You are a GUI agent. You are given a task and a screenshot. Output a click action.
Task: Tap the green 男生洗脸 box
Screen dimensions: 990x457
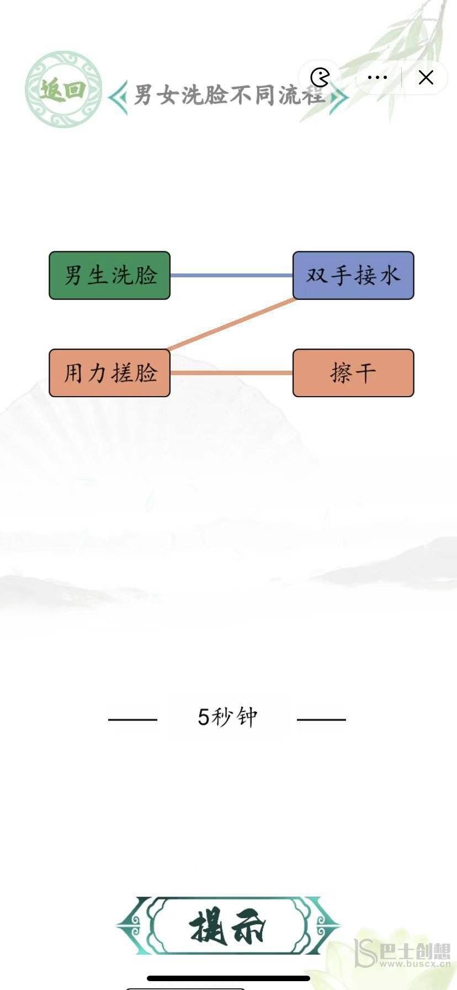[x=109, y=275]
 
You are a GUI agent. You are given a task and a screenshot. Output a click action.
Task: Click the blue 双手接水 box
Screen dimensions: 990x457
[x=353, y=275]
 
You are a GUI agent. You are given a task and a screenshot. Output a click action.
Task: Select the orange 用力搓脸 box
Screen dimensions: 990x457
[x=109, y=373]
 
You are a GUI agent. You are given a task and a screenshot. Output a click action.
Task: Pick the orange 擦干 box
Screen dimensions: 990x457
[x=353, y=373]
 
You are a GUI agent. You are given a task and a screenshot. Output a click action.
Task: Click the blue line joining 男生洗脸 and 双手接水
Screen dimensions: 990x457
[x=231, y=275]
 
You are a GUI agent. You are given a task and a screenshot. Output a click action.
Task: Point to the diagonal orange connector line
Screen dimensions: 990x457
[x=232, y=324]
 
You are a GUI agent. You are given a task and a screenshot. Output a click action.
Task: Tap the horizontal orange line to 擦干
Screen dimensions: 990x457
[x=231, y=373]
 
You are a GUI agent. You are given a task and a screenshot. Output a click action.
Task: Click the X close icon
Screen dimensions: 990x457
[x=426, y=78]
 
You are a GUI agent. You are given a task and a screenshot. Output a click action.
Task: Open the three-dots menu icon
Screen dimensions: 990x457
[x=377, y=78]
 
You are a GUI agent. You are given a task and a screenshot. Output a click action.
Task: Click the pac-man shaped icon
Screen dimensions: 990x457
[x=320, y=78]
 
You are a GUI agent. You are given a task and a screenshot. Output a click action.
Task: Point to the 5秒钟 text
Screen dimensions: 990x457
[x=227, y=717]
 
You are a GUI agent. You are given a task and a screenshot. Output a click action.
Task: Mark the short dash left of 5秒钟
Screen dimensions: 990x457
[x=132, y=719]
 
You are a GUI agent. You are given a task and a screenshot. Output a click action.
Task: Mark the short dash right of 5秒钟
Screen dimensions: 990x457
[x=321, y=719]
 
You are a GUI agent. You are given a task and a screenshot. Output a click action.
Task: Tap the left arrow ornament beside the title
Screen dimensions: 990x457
[x=118, y=98]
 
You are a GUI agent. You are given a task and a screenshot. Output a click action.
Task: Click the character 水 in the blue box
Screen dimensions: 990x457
[x=390, y=275]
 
